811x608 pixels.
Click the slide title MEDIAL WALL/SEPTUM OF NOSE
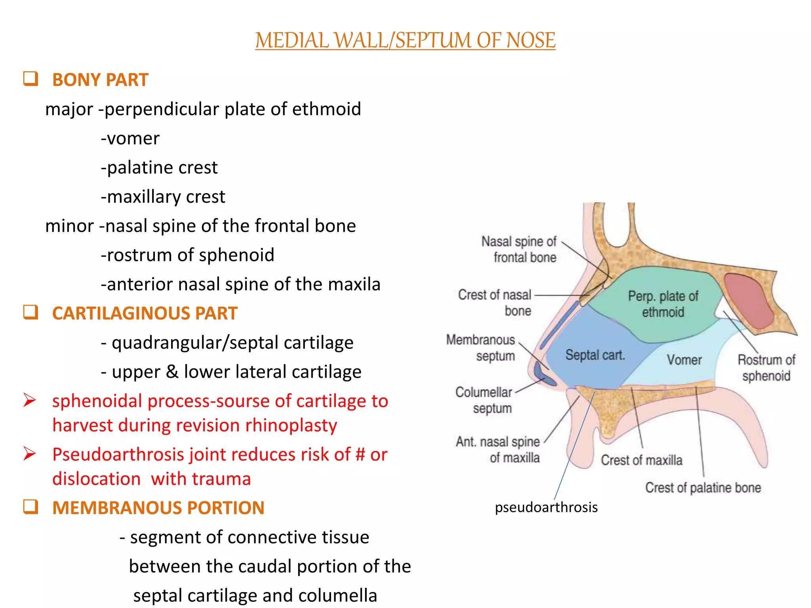click(x=405, y=41)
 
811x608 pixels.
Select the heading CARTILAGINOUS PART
click(x=145, y=313)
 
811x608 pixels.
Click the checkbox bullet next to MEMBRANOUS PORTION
click(x=30, y=507)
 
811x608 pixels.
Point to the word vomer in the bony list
click(x=133, y=139)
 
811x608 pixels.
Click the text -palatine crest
click(x=159, y=167)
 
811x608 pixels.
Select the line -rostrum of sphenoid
click(x=187, y=255)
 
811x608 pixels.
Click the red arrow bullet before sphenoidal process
click(x=30, y=400)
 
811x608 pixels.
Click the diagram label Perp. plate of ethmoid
click(x=663, y=304)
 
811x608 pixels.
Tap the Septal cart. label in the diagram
click(x=595, y=355)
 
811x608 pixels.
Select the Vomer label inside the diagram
click(x=684, y=360)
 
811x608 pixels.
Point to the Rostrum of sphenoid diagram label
click(x=766, y=368)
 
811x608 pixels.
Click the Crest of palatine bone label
click(x=703, y=488)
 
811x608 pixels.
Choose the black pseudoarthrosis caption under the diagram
click(x=546, y=507)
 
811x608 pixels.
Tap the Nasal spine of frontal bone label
click(x=519, y=249)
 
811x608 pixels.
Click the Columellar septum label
click(x=484, y=400)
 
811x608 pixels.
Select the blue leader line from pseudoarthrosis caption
click(x=575, y=446)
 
